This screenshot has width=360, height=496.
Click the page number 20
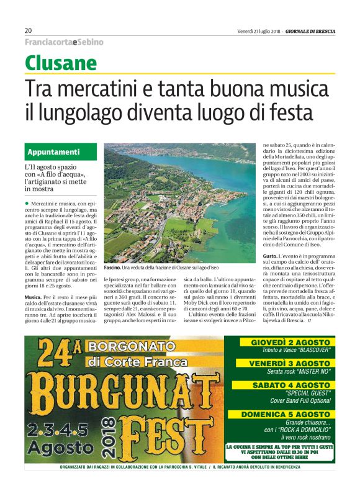coord(29,30)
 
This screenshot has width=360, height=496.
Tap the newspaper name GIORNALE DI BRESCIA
coord(311,30)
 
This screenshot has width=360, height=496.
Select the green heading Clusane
coord(61,63)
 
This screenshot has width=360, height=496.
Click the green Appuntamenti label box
coord(63,151)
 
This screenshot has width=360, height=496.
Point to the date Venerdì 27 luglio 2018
coord(259,30)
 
